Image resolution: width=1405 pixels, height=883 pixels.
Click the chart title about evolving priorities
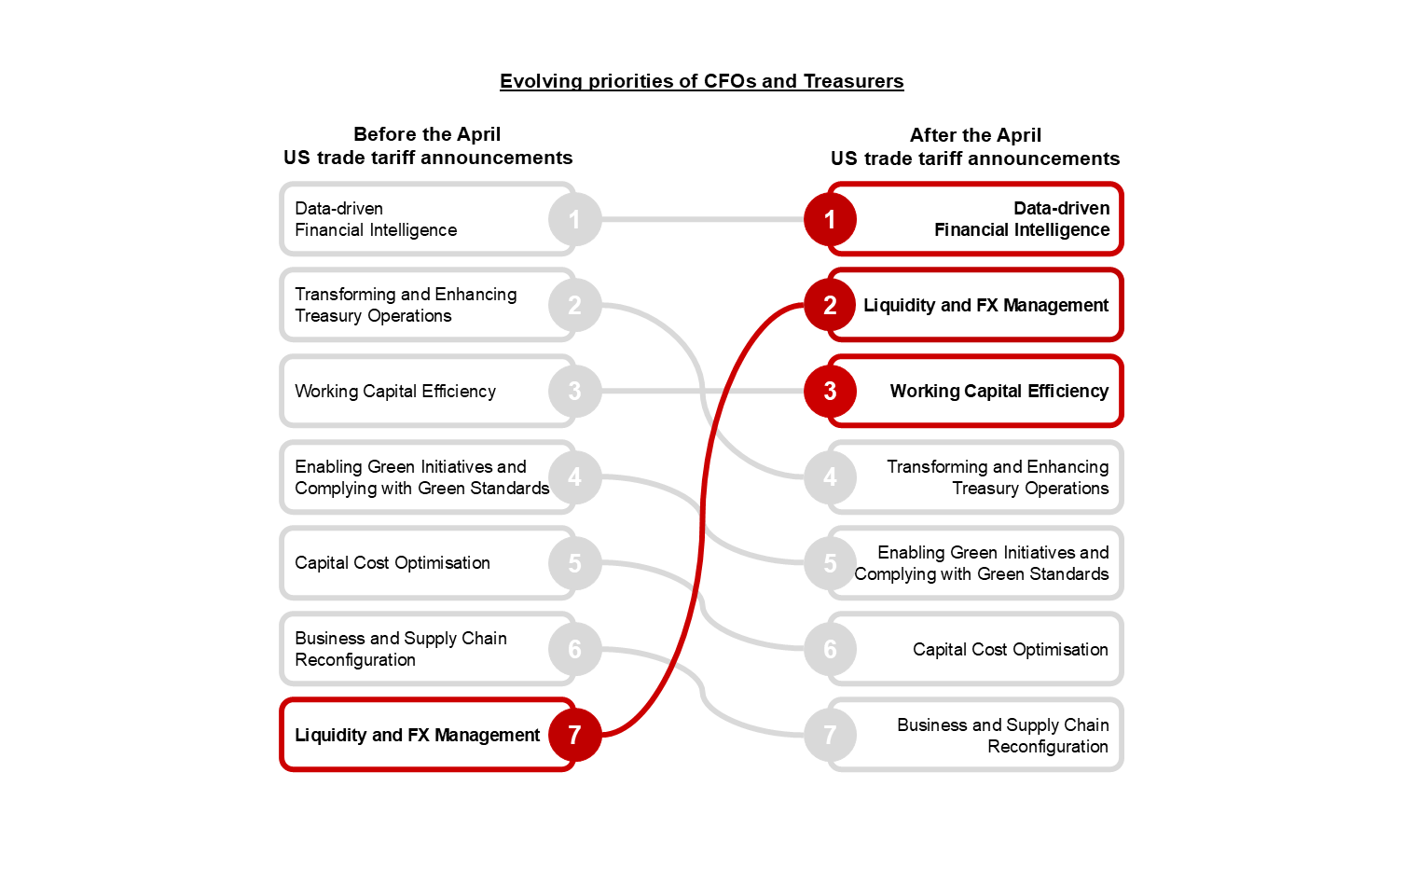point(701,81)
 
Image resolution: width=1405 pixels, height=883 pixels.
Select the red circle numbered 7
point(574,735)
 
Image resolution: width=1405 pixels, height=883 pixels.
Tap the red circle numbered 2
point(830,305)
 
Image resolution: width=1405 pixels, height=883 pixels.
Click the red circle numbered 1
point(830,219)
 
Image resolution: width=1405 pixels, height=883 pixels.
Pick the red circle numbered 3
point(830,391)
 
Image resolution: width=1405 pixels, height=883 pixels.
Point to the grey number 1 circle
point(574,219)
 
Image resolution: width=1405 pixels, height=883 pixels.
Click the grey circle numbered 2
point(574,305)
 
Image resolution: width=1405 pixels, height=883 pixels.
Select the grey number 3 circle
point(574,391)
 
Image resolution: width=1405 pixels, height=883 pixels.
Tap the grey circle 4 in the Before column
point(574,477)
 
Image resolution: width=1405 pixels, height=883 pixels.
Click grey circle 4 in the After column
point(830,477)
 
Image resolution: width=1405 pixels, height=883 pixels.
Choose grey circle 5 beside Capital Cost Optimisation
point(574,563)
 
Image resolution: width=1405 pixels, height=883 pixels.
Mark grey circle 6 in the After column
point(830,649)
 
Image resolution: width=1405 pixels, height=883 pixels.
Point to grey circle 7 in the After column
point(830,735)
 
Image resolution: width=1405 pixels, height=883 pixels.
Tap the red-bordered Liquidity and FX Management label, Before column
point(417,735)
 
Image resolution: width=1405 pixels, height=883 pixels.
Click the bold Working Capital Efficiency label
point(999,391)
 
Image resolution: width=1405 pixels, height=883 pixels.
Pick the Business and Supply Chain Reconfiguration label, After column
point(1002,735)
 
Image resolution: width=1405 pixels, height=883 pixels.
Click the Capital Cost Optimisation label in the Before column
point(393,563)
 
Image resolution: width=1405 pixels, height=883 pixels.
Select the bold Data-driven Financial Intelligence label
point(1022,219)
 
